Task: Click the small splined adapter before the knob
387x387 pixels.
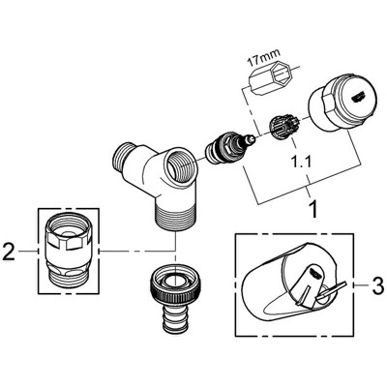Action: click(x=283, y=128)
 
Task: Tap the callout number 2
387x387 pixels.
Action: click(x=9, y=253)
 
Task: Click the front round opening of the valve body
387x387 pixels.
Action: click(x=180, y=164)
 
